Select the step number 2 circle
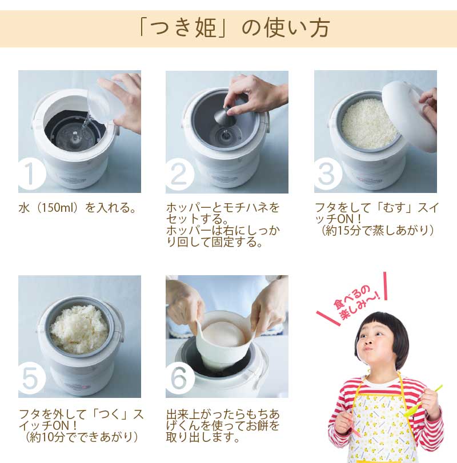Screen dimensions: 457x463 [179, 175]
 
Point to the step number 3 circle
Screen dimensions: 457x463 [327, 174]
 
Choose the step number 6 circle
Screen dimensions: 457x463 [179, 379]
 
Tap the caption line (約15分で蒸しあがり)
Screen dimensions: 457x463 [377, 231]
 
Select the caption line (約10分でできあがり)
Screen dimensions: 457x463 [81, 437]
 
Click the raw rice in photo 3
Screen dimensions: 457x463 [368, 124]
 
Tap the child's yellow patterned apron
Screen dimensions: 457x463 [383, 425]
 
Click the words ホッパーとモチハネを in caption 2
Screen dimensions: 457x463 [223, 208]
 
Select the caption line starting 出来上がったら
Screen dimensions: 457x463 [223, 414]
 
